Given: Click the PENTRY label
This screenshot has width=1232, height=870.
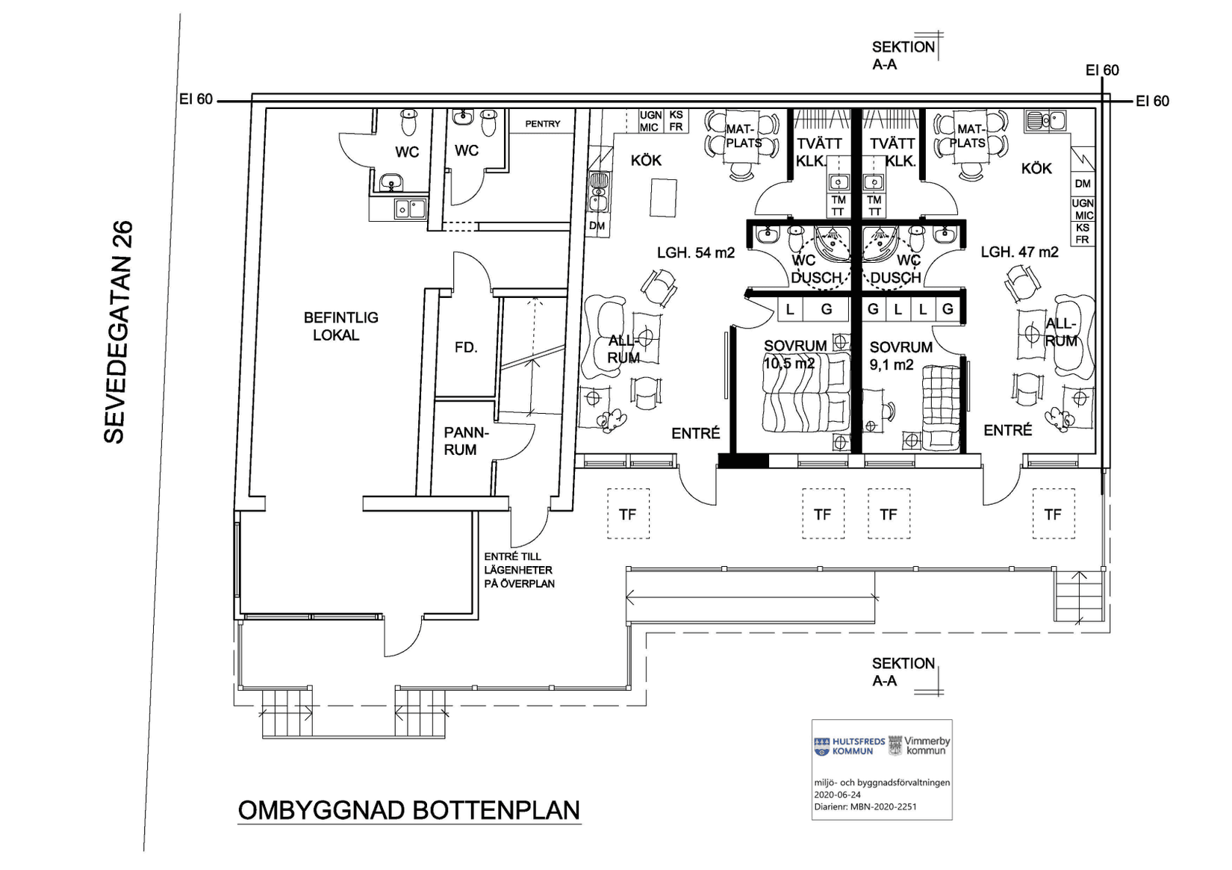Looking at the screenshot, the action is click(x=542, y=124).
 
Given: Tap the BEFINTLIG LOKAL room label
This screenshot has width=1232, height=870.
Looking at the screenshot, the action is click(x=340, y=326).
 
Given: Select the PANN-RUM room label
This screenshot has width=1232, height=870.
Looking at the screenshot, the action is click(x=466, y=441).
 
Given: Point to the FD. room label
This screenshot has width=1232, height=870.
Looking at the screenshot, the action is click(x=466, y=347).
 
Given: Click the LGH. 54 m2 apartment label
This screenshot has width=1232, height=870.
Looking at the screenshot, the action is click(x=696, y=253).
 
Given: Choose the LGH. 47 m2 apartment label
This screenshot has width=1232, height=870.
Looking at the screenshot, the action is click(x=1020, y=252).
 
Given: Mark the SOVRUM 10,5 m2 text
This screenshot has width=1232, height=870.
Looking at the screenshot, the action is click(x=794, y=354).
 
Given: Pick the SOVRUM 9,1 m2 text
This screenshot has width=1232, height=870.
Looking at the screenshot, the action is click(x=901, y=355).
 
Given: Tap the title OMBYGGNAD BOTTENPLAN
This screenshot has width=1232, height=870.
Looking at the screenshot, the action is click(x=409, y=810).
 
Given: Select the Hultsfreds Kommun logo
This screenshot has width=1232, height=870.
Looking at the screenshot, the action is click(x=849, y=746).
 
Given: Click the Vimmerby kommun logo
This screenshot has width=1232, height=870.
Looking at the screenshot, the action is click(x=920, y=745).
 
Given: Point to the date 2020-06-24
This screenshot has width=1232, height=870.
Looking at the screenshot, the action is click(x=838, y=795).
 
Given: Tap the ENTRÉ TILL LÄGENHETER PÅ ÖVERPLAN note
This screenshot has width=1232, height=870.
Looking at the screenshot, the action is click(x=519, y=571).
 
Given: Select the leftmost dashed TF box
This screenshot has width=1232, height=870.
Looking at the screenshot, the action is click(x=628, y=514).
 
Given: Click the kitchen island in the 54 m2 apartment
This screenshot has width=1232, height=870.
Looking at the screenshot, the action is click(x=663, y=197).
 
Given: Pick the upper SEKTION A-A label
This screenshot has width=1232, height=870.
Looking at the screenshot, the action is click(x=903, y=55).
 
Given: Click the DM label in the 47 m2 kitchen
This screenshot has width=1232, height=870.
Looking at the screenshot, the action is click(x=1083, y=184).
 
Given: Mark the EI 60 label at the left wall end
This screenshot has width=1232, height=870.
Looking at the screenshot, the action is click(x=196, y=99).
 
